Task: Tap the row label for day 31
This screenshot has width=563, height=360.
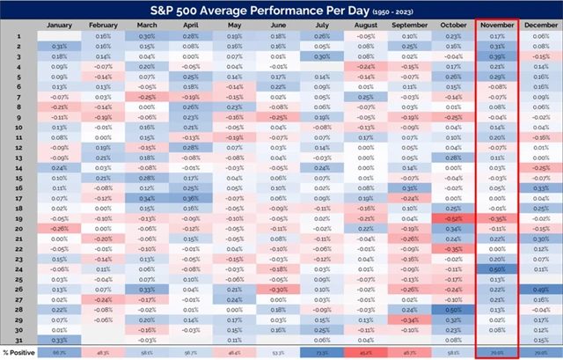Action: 15,339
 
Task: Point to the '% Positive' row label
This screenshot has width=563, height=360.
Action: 19,352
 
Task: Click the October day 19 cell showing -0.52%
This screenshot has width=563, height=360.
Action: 453,217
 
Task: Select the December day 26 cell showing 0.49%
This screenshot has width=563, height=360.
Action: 540,289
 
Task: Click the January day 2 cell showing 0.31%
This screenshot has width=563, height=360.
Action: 59,46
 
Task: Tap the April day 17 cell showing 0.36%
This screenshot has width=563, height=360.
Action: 190,197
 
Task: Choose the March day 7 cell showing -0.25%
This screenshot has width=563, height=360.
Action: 147,96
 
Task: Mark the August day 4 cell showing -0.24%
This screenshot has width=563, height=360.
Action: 366,66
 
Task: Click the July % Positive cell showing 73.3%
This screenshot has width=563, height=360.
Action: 322,352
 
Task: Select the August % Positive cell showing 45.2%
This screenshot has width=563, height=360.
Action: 366,352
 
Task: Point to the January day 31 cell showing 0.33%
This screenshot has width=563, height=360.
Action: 59,339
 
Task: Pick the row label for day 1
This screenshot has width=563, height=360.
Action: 15,36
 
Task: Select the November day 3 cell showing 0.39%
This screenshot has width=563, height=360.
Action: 497,55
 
